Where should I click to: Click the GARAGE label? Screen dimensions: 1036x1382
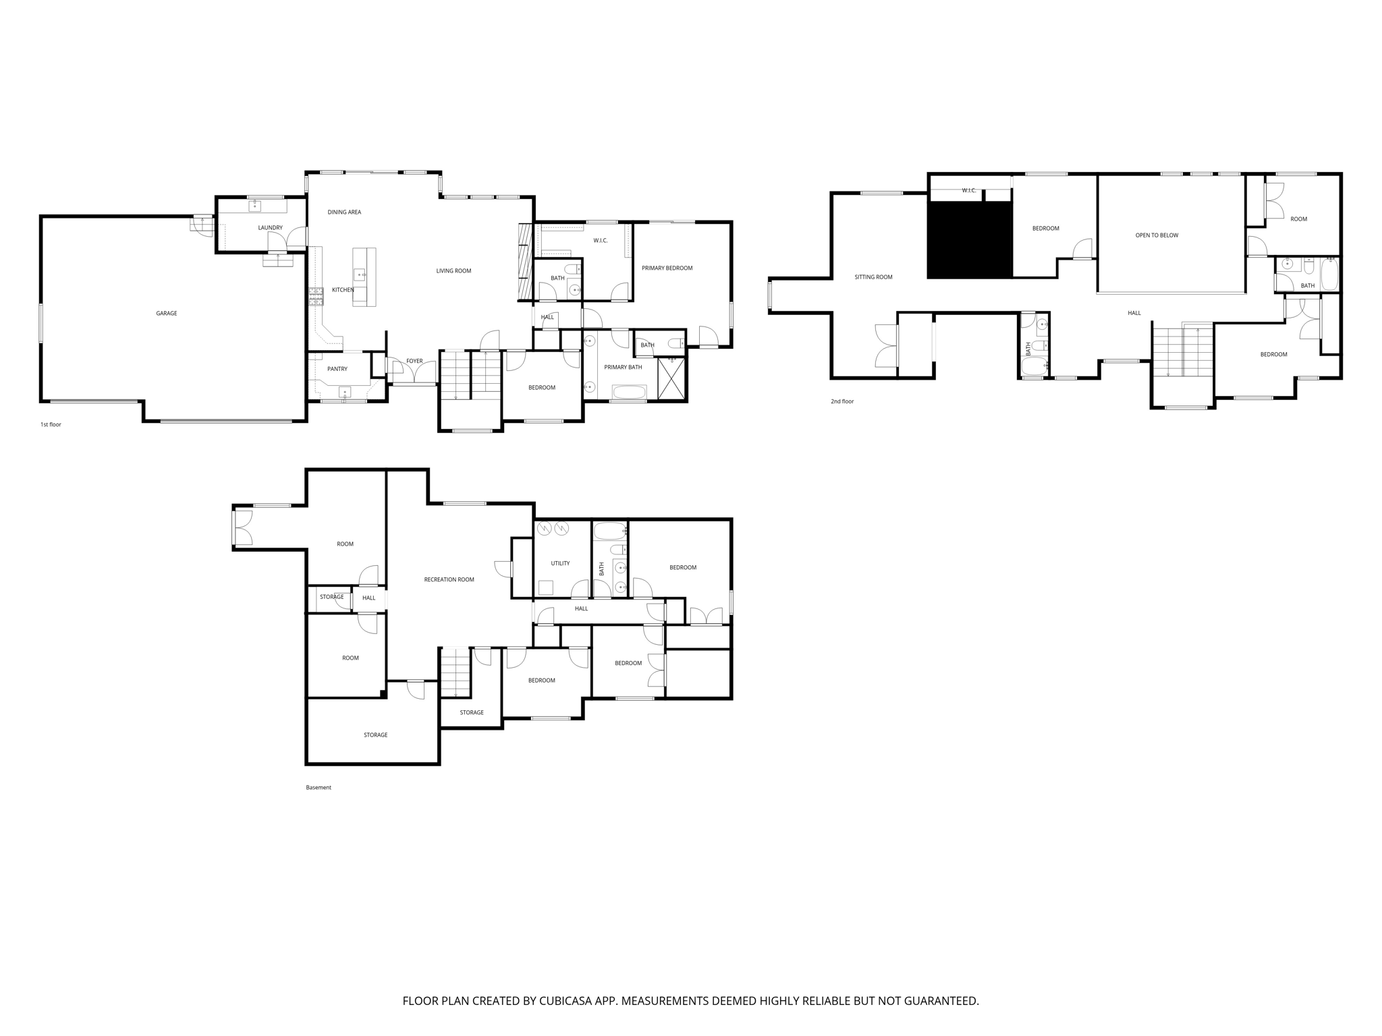coord(166,314)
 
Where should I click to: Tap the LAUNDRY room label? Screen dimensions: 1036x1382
coord(270,228)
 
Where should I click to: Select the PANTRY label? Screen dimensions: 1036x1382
coord(337,369)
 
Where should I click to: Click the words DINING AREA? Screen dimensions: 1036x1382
coord(344,212)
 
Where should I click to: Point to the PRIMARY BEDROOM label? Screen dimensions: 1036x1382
coord(667,268)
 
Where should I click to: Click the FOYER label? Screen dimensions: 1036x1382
coord(414,361)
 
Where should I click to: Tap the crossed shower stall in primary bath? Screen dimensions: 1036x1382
coord(671,379)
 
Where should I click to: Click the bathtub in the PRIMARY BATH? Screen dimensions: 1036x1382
coord(629,392)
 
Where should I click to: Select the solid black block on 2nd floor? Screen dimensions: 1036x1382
coord(970,239)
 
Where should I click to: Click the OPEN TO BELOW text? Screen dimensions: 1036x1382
coord(1157,235)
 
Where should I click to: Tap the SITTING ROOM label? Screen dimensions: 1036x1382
coord(873,277)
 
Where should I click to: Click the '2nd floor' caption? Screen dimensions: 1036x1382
coord(842,401)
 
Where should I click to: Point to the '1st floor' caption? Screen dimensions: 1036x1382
coord(51,425)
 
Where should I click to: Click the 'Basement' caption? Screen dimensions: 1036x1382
coord(319,788)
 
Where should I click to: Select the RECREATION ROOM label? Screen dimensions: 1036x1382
coord(449,580)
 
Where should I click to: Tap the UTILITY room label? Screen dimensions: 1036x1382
coord(560,564)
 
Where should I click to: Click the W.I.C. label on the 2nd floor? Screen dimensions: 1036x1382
coord(969,191)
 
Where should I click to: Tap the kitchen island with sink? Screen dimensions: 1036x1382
coord(364,277)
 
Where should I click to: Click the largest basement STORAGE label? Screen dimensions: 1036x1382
coord(375,735)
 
